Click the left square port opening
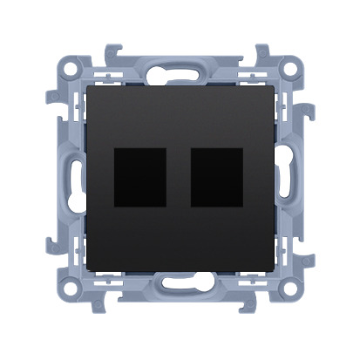click(139, 177)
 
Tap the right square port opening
click(215, 177)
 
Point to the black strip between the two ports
click(178, 177)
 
